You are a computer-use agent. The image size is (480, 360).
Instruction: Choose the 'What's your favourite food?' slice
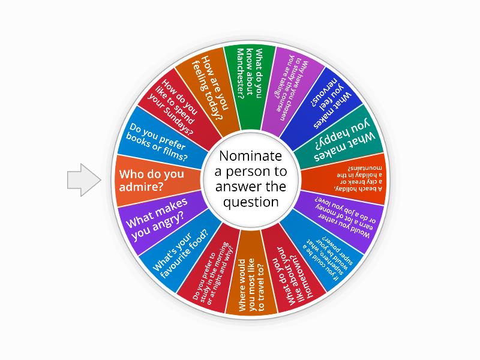(x=178, y=251)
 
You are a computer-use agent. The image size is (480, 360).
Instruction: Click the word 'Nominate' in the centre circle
(x=250, y=157)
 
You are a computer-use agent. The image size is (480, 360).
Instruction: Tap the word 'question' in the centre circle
(x=250, y=202)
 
